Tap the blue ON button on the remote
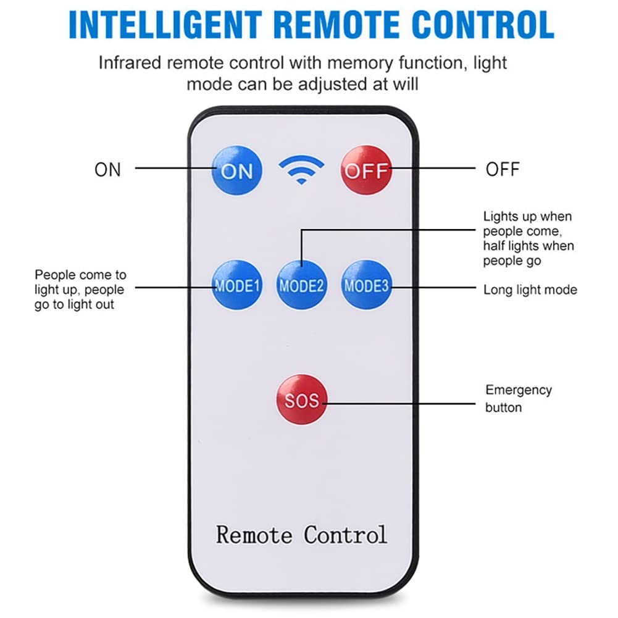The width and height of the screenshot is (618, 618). pyautogui.click(x=237, y=170)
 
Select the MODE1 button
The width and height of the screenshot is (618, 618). pyautogui.click(x=237, y=285)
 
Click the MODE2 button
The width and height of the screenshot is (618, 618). pyautogui.click(x=301, y=285)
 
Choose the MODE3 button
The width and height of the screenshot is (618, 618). pyautogui.click(x=367, y=285)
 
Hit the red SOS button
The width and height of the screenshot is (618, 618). pyautogui.click(x=302, y=399)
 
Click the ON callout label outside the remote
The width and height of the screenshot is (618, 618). pyautogui.click(x=107, y=170)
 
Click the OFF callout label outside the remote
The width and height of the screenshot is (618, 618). pyautogui.click(x=503, y=170)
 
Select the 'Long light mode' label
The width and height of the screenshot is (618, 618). pyautogui.click(x=530, y=290)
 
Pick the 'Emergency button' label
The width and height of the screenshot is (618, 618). pyautogui.click(x=518, y=398)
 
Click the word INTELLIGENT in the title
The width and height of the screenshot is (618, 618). pyautogui.click(x=165, y=25)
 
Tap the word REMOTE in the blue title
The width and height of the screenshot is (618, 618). pyautogui.click(x=336, y=25)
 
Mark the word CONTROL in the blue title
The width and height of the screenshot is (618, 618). pyautogui.click(x=483, y=25)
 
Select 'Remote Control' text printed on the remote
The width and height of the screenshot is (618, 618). pyautogui.click(x=301, y=535)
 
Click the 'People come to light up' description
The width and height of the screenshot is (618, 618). pyautogui.click(x=80, y=290)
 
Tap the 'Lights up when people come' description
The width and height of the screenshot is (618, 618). pyautogui.click(x=528, y=238)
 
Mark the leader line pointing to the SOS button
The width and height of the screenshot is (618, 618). pyautogui.click(x=399, y=404)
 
